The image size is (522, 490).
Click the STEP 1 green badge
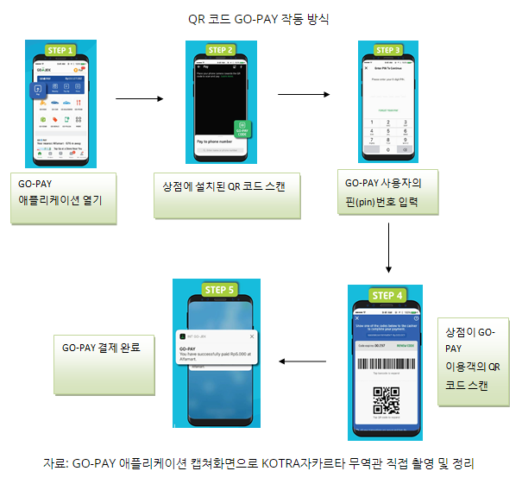point(60,49)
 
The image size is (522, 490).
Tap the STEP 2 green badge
point(220,50)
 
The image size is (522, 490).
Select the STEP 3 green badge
point(387,50)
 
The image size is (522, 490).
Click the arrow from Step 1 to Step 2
point(139,98)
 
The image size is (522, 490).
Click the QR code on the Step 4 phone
point(387,401)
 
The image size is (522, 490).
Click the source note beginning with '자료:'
point(259,464)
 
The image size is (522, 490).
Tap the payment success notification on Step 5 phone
point(217,347)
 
